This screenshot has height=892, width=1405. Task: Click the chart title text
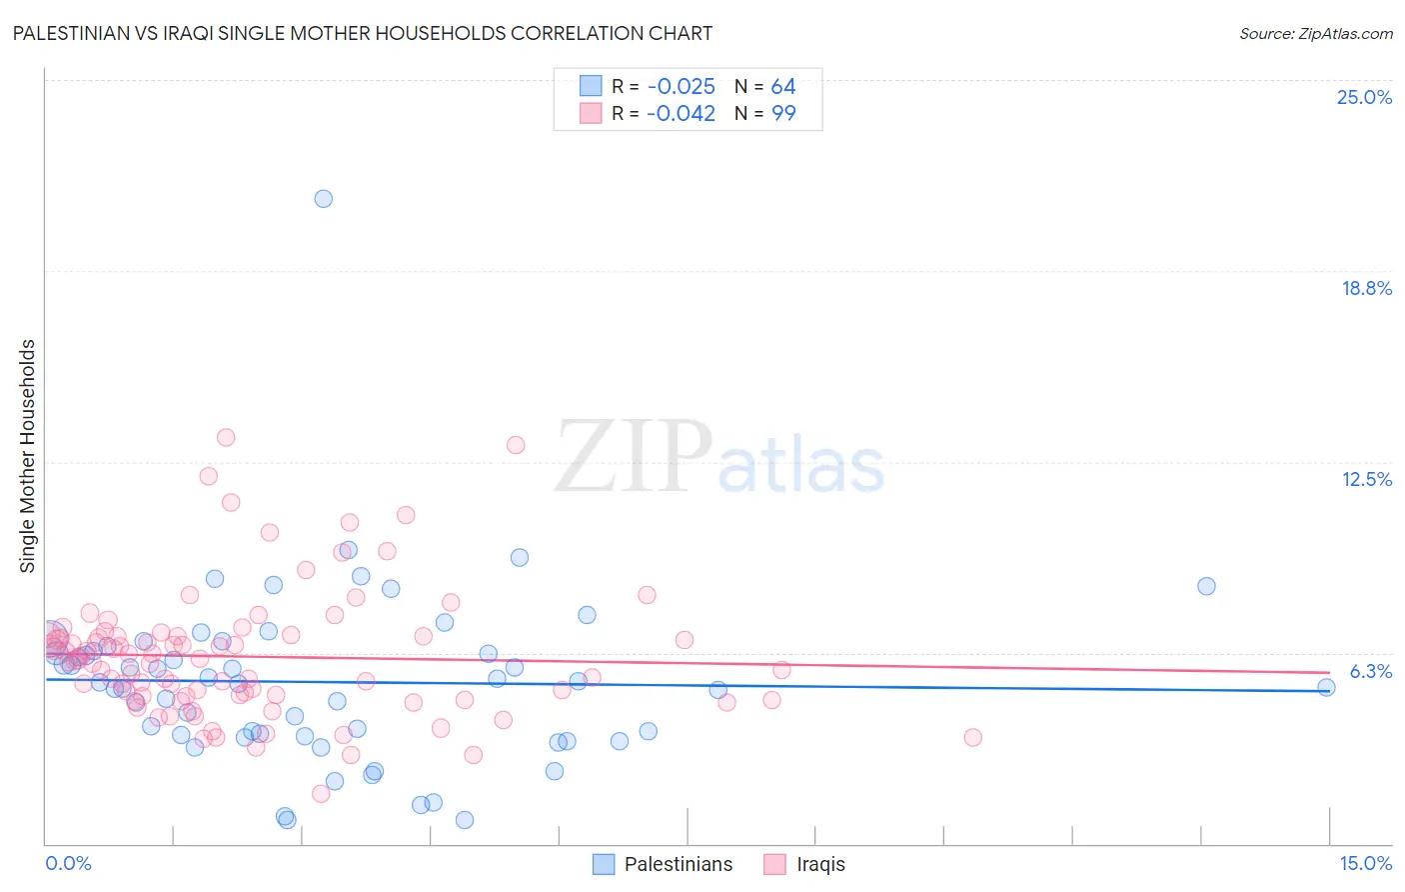click(362, 33)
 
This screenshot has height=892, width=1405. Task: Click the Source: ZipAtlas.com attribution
click(1315, 33)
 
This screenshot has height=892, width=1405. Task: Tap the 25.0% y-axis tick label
click(1364, 97)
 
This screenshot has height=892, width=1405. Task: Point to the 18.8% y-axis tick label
click(1366, 288)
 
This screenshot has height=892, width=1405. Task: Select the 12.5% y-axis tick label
click(1366, 479)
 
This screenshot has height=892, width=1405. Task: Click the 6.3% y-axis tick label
click(1370, 671)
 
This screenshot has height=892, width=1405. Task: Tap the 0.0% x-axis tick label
click(68, 863)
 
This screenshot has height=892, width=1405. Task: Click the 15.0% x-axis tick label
click(1365, 863)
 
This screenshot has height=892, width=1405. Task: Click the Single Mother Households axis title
click(27, 456)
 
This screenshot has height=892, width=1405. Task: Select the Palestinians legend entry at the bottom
click(663, 864)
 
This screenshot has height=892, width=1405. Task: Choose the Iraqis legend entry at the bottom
click(805, 864)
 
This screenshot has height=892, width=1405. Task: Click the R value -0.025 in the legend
click(681, 87)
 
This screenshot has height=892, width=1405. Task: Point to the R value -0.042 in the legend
click(681, 113)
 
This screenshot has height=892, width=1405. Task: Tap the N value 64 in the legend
click(782, 87)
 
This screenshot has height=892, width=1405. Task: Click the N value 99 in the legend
click(782, 113)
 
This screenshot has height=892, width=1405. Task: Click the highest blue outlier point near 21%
click(324, 199)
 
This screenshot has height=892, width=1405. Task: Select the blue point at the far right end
click(1326, 687)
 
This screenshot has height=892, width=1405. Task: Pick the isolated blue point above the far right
click(1206, 586)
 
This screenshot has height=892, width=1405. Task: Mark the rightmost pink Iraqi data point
click(972, 737)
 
